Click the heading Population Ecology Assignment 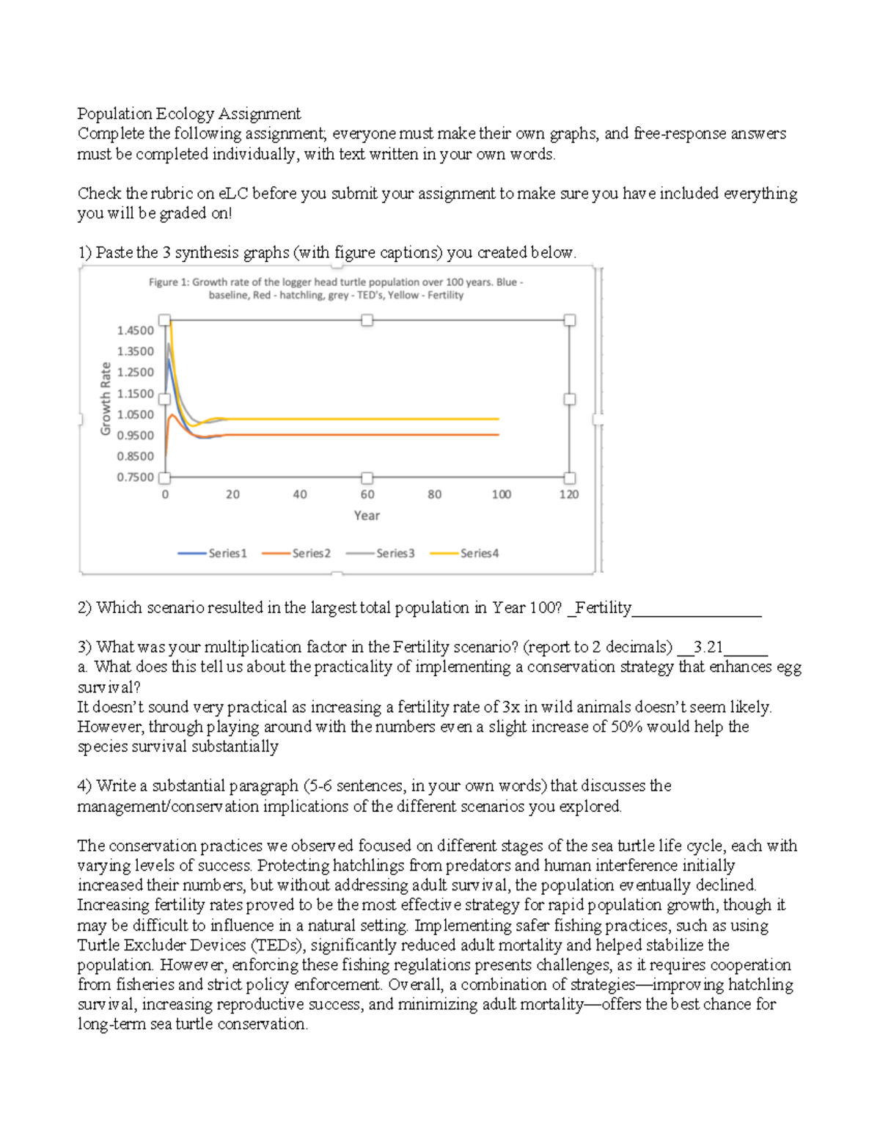tap(188, 114)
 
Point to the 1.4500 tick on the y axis tap(136, 331)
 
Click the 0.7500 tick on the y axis tap(136, 477)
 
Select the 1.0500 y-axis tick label tap(136, 414)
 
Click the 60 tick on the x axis tap(367, 495)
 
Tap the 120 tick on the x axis tap(569, 495)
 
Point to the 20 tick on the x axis tap(232, 495)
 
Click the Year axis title tap(367, 516)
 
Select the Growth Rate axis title tap(106, 398)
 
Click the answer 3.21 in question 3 tap(708, 647)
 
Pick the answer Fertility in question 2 tap(604, 608)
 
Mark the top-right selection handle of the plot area tap(570, 321)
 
